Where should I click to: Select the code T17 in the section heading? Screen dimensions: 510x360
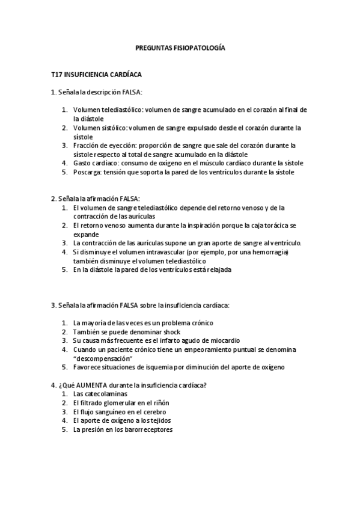[57, 75]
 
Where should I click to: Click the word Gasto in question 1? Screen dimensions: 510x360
[82, 162]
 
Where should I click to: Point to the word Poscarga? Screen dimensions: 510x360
[87, 172]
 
